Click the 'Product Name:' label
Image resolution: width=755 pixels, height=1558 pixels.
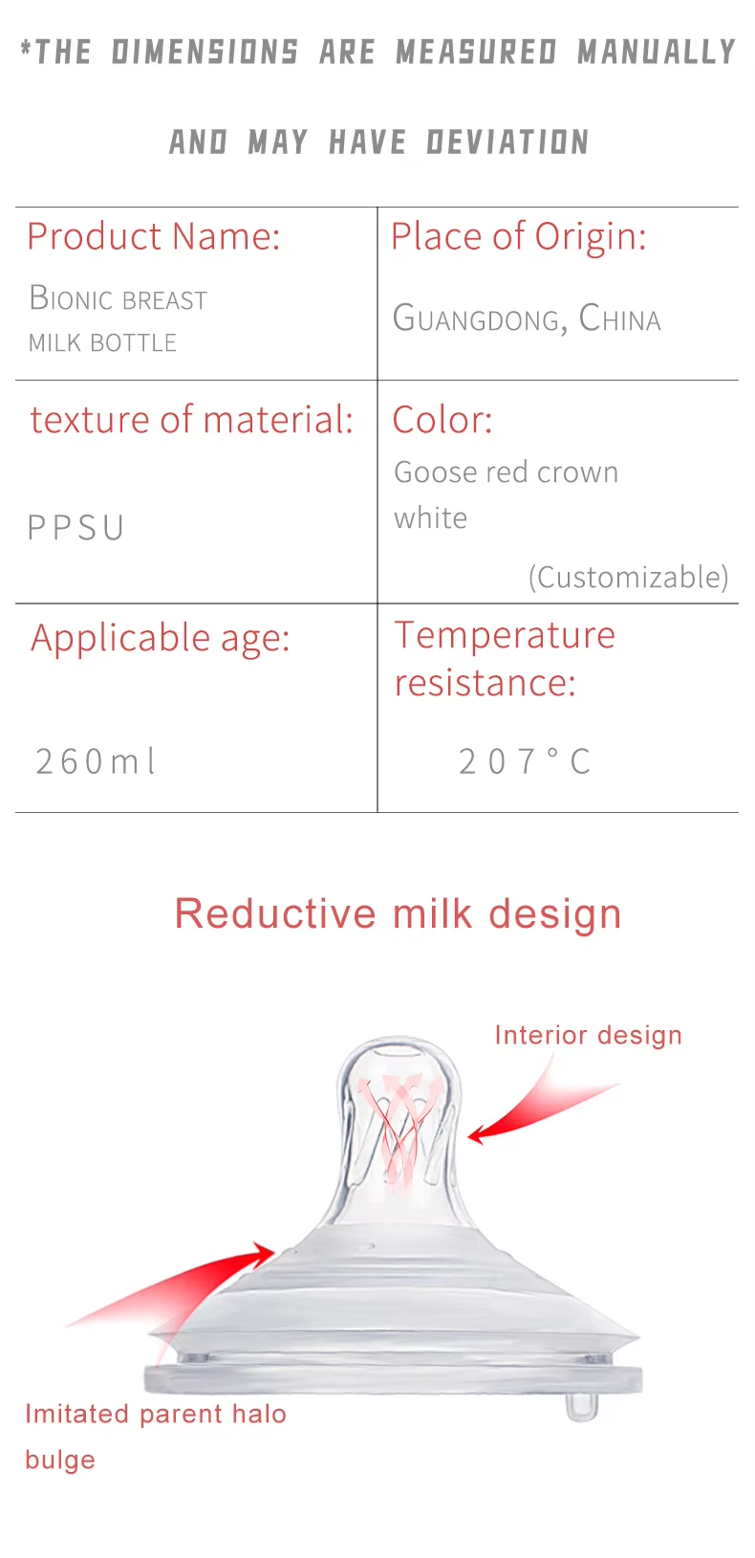coord(154,236)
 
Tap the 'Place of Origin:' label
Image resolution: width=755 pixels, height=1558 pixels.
coord(519,236)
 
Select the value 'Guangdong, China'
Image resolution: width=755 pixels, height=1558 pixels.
coord(527,318)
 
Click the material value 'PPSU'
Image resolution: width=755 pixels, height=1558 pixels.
coord(75,528)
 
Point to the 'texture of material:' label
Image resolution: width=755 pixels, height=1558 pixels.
coord(192,420)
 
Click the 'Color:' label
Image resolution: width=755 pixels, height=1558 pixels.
coord(442,420)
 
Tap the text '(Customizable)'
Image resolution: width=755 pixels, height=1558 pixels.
coord(629,578)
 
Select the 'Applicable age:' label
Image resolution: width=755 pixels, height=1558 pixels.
coord(160,639)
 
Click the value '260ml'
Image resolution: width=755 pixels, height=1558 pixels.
coord(96,761)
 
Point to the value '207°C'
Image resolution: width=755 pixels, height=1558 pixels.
coord(524,761)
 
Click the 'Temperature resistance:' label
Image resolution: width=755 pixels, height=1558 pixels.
coord(505,659)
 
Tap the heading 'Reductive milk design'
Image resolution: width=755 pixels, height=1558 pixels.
coord(398,913)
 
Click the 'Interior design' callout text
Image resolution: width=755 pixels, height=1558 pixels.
coord(588,1035)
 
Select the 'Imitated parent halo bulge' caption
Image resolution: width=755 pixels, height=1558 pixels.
coord(156,1437)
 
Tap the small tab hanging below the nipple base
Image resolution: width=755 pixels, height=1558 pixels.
coord(581,1406)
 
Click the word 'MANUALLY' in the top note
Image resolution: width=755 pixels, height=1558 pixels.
coord(657,53)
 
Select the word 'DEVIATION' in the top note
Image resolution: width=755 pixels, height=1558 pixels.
coord(507,142)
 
